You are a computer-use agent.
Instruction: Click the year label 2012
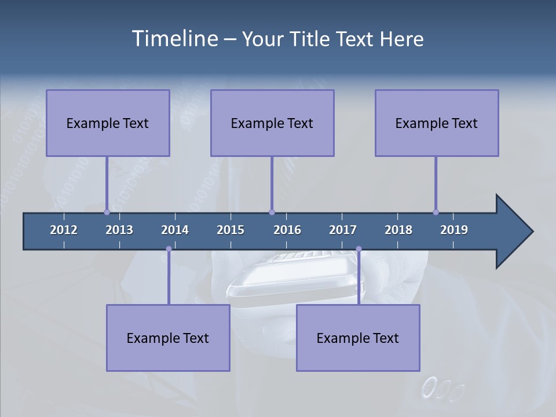coord(64,230)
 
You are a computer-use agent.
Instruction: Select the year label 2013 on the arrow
coord(119,230)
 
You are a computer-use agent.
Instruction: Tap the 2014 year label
coord(175,230)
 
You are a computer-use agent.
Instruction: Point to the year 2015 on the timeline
coord(231,230)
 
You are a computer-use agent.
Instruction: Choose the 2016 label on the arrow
coord(287,230)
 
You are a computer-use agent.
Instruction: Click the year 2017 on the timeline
coord(343,230)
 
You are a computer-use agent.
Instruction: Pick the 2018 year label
coord(398,230)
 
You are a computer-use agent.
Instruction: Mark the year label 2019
coord(454,230)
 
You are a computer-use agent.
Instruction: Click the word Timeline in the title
coord(174,39)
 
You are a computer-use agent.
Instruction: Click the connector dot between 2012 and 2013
coord(107,212)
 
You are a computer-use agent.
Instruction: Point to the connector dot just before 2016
coord(272,212)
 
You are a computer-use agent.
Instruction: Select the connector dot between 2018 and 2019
coord(436,212)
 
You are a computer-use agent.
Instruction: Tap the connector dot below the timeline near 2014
coord(169,249)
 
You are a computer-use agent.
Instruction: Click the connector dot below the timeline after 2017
coord(359,249)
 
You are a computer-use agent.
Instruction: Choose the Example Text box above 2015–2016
coord(272,123)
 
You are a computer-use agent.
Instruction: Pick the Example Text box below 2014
coord(168,338)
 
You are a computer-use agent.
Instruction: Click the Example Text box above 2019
coord(437,123)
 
